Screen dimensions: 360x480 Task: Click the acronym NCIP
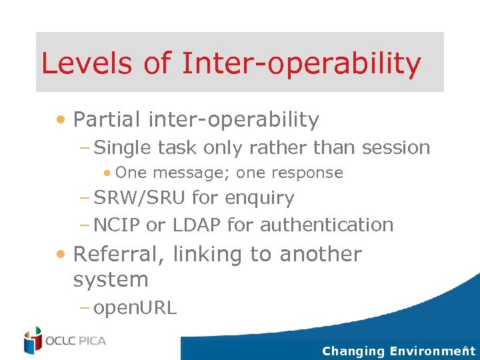pos(117,225)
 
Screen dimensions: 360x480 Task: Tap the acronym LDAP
pos(197,225)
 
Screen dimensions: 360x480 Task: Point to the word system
pos(110,280)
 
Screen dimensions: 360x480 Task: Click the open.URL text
pos(135,308)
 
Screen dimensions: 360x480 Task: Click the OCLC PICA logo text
pos(75,341)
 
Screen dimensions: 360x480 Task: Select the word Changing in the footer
pos(353,351)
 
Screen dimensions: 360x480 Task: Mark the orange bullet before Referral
pos(61,254)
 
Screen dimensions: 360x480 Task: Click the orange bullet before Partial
pos(61,120)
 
